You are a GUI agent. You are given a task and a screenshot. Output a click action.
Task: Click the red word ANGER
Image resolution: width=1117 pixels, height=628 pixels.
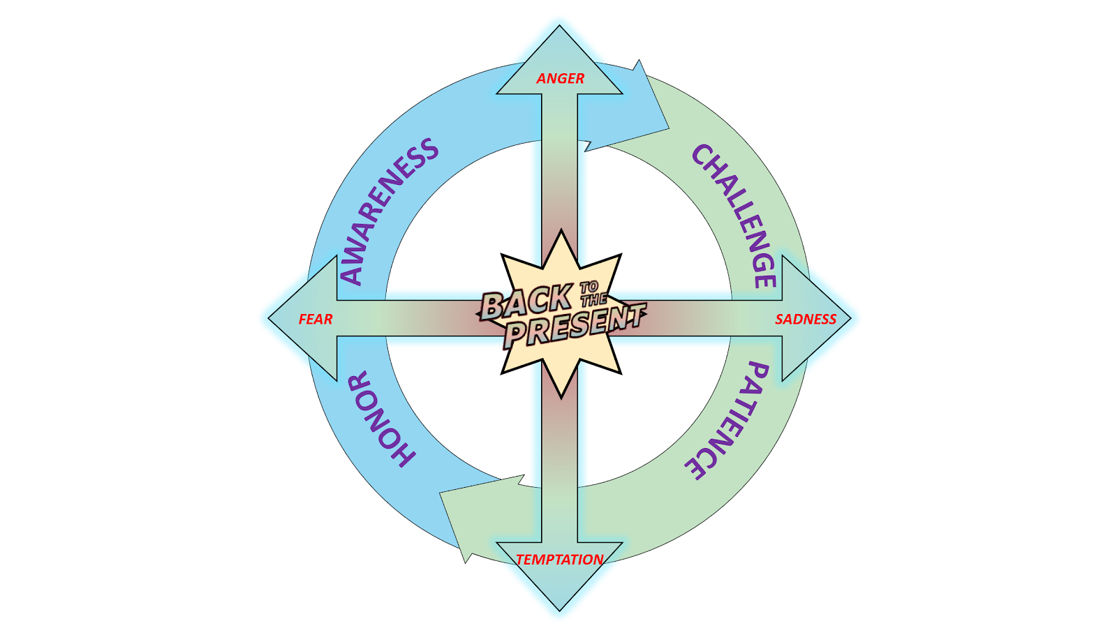pyautogui.click(x=560, y=78)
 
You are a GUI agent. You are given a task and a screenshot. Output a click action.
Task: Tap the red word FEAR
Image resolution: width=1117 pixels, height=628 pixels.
pyautogui.click(x=316, y=319)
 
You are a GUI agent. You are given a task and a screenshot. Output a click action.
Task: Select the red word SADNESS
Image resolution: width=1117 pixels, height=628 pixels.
pyautogui.click(x=806, y=319)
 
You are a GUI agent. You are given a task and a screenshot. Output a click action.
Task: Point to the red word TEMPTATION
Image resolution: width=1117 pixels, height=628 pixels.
pyautogui.click(x=559, y=559)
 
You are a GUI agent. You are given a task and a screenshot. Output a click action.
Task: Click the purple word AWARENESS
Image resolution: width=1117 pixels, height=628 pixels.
pyautogui.click(x=389, y=211)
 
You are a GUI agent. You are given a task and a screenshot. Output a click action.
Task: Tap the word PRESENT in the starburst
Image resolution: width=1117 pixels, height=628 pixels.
pyautogui.click(x=574, y=326)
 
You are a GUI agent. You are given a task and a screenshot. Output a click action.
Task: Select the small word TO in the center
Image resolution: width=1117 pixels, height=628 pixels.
pyautogui.click(x=589, y=287)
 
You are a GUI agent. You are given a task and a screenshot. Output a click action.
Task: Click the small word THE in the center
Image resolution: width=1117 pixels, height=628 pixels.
pyautogui.click(x=593, y=299)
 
